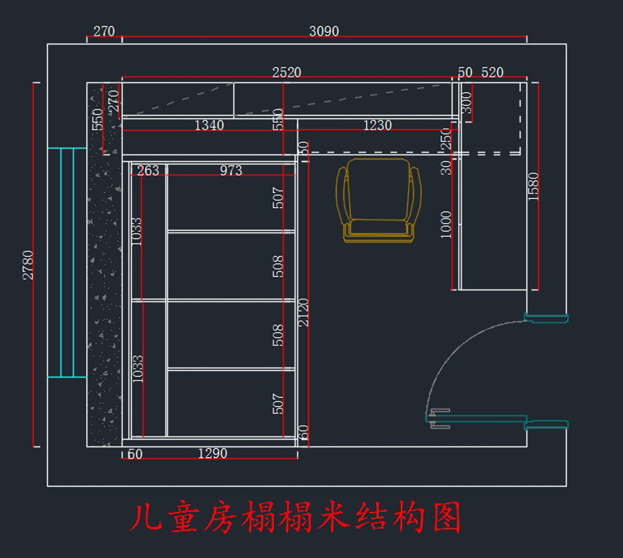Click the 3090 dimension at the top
[324, 31]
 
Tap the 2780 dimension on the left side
[28, 265]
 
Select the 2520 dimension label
[287, 73]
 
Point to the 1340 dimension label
[209, 125]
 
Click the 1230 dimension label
[377, 125]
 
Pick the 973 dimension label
[231, 170]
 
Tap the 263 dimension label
[148, 170]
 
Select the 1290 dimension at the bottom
[212, 453]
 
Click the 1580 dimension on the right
[533, 187]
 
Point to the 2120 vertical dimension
[304, 312]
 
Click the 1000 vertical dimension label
[445, 225]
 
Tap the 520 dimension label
[492, 73]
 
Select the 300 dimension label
[467, 103]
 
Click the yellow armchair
[378, 200]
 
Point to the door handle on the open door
[440, 418]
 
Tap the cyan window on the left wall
[67, 262]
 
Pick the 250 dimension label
[445, 139]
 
